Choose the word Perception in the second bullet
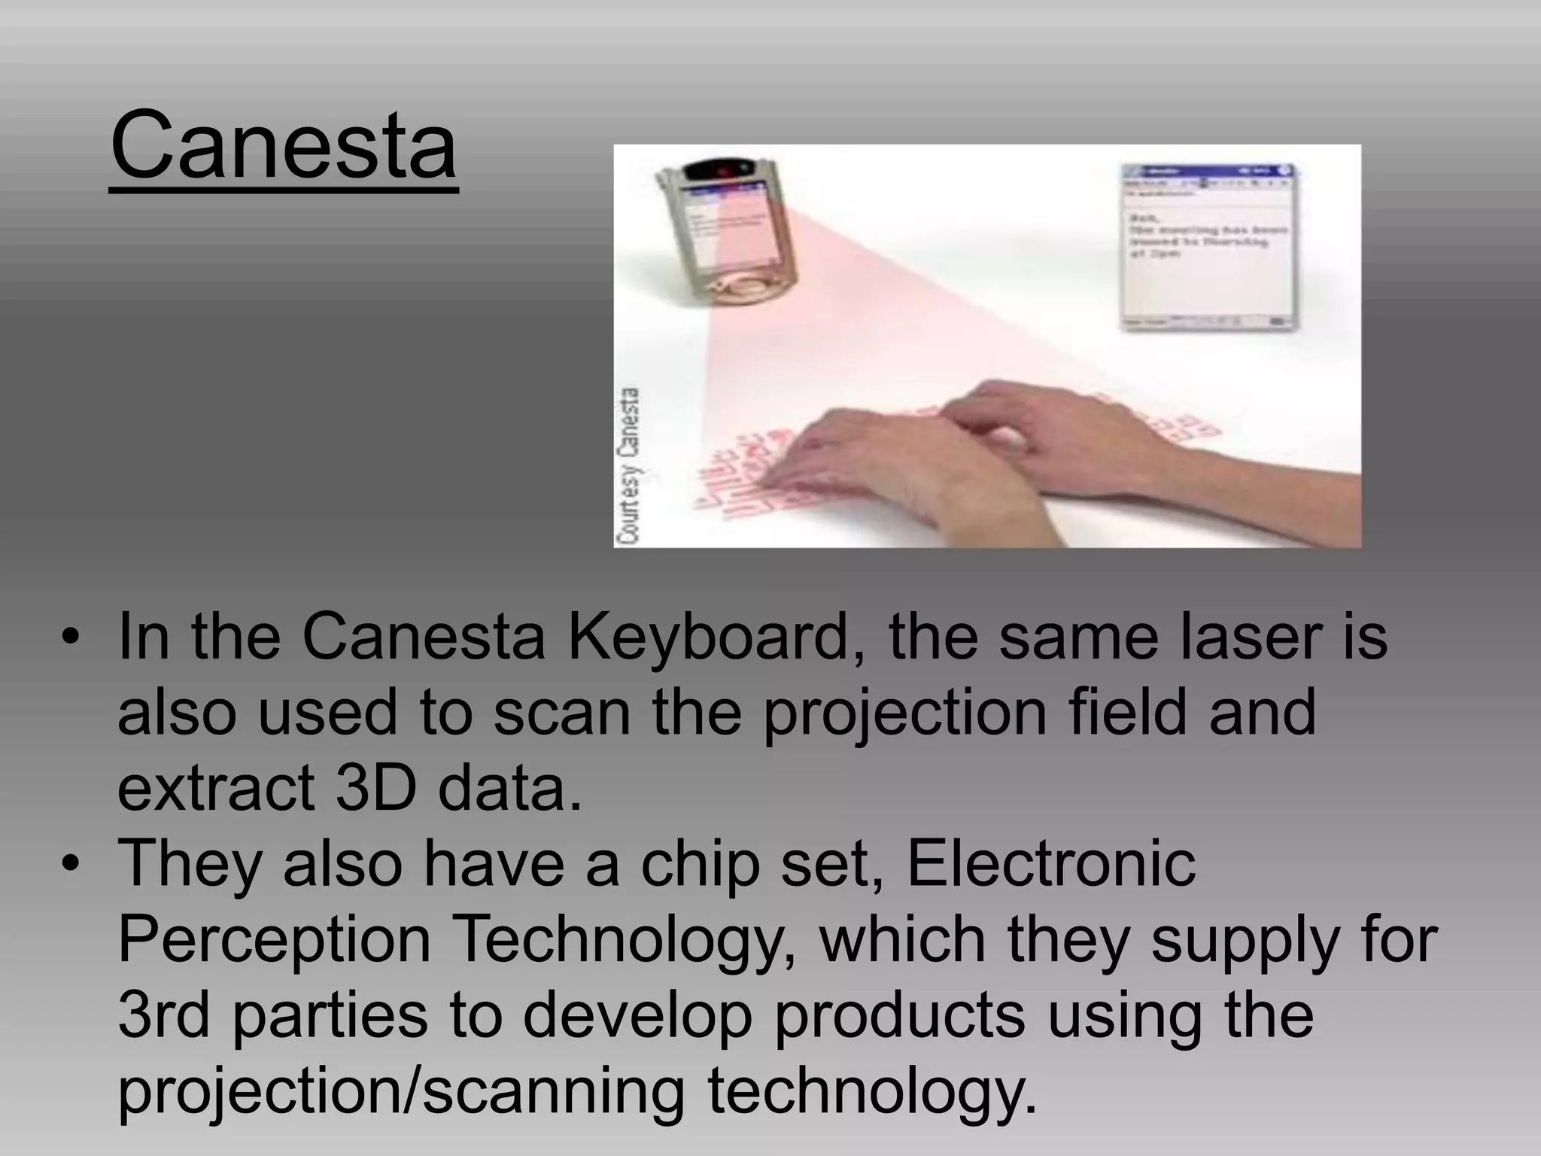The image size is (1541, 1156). click(x=274, y=941)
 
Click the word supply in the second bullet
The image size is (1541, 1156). click(x=1237, y=941)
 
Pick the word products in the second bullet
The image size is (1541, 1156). click(x=899, y=1016)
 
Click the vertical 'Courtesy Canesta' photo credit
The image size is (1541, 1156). click(x=629, y=465)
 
